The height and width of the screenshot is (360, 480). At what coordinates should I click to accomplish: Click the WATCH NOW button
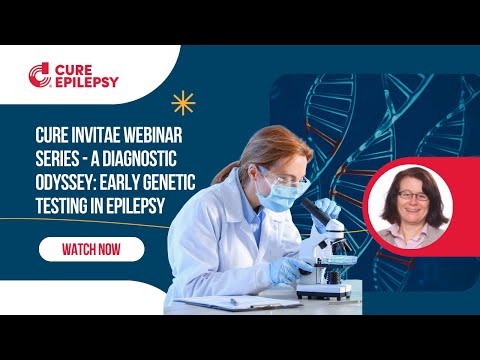91,249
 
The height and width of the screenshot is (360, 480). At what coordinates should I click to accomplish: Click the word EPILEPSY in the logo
87,83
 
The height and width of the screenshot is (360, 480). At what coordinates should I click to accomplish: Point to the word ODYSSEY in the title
69,176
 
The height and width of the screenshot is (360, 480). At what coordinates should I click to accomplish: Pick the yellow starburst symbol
182,101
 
